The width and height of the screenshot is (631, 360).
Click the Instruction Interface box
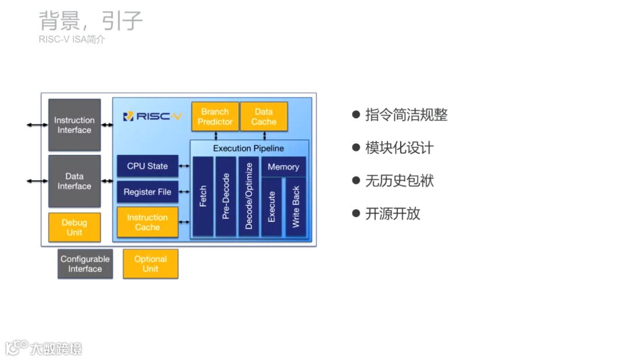[x=74, y=125]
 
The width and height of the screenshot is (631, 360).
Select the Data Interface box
[x=74, y=181]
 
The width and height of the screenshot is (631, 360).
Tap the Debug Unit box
[x=74, y=227]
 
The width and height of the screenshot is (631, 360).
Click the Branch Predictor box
[x=214, y=116]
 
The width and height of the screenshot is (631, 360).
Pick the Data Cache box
[x=264, y=116]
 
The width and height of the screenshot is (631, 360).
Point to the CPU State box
[x=147, y=166]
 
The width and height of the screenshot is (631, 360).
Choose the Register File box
[x=147, y=192]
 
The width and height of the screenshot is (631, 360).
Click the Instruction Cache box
[x=147, y=222]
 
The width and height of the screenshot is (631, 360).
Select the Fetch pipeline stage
[x=203, y=196]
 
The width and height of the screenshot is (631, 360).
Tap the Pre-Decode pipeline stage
[x=226, y=196]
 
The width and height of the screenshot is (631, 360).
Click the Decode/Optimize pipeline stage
[x=248, y=196]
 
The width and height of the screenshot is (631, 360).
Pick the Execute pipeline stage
[x=271, y=206]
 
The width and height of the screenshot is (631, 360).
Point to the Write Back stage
[x=295, y=206]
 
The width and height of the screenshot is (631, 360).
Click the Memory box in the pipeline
[x=283, y=167]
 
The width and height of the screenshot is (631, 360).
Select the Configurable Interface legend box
[x=85, y=264]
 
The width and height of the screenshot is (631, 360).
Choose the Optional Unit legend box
[x=150, y=264]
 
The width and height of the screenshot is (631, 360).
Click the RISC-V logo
[x=152, y=116]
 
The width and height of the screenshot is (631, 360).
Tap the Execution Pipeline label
[x=248, y=148]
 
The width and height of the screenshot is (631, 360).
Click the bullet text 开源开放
[x=393, y=213]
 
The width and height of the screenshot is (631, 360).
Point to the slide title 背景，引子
[x=91, y=21]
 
